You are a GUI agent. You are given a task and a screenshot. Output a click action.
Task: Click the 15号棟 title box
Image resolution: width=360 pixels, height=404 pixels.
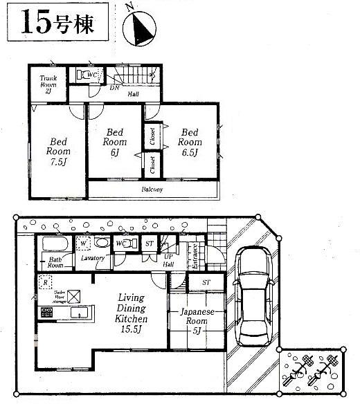click(58, 24)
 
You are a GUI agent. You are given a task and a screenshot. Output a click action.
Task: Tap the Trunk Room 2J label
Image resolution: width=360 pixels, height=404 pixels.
click(47, 84)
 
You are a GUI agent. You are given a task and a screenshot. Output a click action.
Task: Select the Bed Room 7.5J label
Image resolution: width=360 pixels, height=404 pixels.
click(58, 147)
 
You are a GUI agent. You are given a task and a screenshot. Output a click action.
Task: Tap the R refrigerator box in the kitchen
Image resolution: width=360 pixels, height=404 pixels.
click(45, 282)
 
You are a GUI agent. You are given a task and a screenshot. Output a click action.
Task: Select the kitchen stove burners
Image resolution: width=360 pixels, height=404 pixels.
click(47, 313)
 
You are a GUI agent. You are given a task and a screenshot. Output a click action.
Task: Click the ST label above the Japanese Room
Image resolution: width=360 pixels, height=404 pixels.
click(206, 283)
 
